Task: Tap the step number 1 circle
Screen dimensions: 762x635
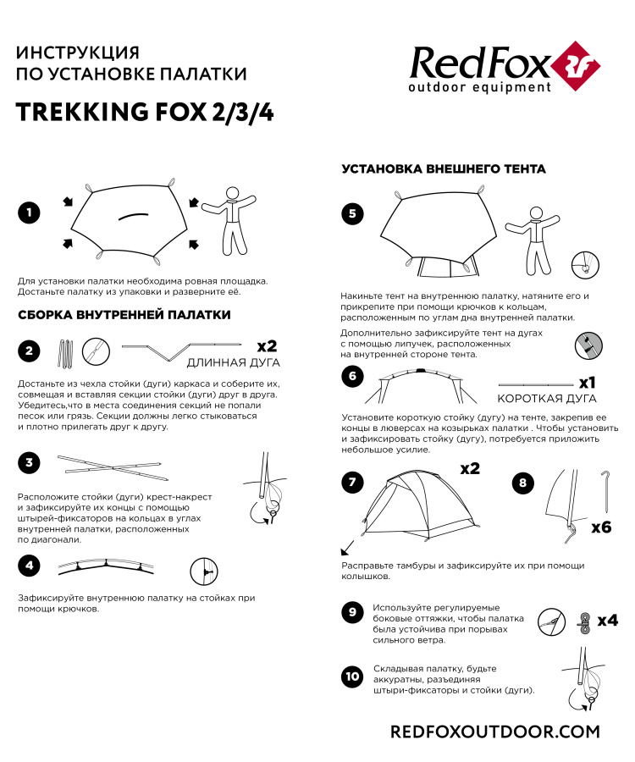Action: (x=29, y=213)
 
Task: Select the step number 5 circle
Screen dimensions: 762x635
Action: (x=352, y=213)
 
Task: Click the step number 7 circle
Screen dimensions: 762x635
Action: (x=352, y=483)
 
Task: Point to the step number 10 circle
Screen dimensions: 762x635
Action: (x=352, y=676)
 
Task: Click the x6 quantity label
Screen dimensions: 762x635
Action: (x=600, y=527)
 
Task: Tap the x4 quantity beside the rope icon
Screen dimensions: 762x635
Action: (x=607, y=621)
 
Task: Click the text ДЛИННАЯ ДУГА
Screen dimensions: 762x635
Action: (x=231, y=363)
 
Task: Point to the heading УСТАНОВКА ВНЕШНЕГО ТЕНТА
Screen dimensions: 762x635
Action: (x=443, y=169)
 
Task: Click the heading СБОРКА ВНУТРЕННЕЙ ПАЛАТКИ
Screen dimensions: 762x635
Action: (x=124, y=315)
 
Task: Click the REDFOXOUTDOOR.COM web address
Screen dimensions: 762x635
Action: (x=494, y=731)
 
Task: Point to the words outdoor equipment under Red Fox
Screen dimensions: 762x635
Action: (x=479, y=87)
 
